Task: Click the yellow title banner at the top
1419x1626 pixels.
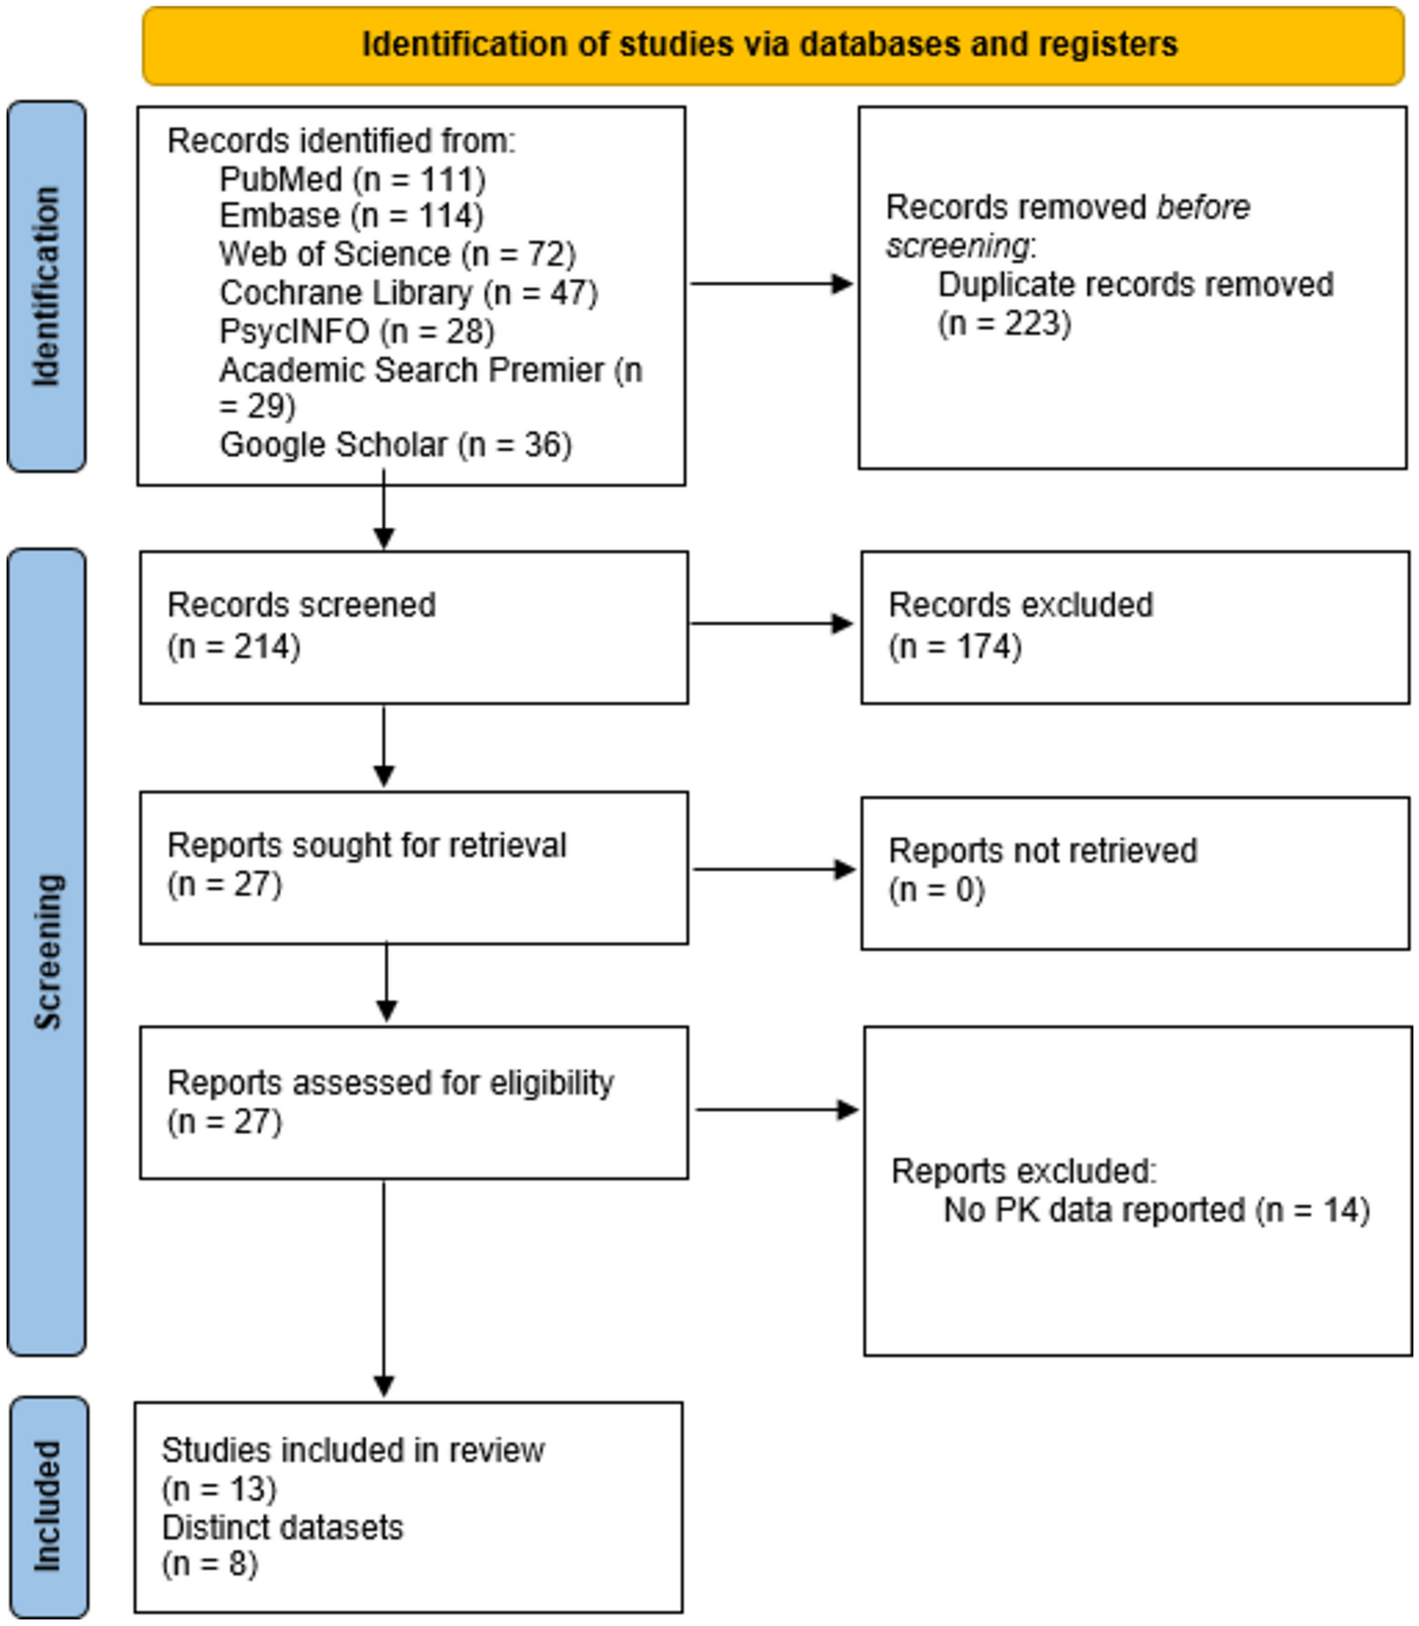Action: click(772, 44)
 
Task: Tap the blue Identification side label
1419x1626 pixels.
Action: click(46, 286)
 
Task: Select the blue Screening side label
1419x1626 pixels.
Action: click(46, 951)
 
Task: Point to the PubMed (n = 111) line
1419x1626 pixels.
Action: click(352, 179)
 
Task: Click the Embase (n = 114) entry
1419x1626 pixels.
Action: click(351, 216)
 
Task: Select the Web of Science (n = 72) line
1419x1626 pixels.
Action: click(397, 254)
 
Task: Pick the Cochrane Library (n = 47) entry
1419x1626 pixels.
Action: click(408, 292)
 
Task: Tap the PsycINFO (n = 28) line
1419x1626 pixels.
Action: click(357, 331)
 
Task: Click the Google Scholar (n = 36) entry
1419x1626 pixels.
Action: click(396, 445)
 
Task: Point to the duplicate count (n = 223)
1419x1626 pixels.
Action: click(1003, 324)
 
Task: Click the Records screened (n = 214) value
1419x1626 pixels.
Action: click(234, 646)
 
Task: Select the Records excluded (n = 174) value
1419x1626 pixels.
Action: click(954, 646)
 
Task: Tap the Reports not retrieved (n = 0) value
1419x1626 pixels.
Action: click(936, 890)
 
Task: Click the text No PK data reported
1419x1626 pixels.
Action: click(1093, 1210)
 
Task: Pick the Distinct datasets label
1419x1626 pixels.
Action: click(282, 1527)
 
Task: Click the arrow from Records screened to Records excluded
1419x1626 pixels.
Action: click(772, 624)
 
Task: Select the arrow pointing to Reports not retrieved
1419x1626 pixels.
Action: click(773, 869)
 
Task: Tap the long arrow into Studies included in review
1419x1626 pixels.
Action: click(383, 1287)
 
